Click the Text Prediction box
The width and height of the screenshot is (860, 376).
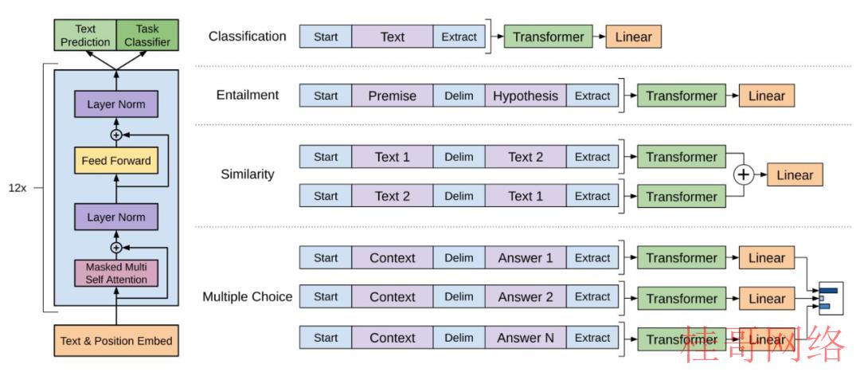click(x=85, y=36)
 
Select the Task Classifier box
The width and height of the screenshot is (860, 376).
click(x=147, y=36)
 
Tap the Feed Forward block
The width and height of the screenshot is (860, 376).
click(x=116, y=161)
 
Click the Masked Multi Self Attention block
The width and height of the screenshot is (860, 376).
click(x=116, y=272)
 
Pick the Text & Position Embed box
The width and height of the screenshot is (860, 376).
click(x=116, y=340)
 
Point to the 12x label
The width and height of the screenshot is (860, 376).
click(x=17, y=188)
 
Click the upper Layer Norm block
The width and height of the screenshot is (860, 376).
click(x=116, y=104)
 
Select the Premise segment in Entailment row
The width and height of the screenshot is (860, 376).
click(x=392, y=96)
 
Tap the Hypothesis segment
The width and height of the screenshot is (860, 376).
click(x=526, y=96)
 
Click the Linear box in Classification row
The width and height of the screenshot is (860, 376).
click(x=634, y=37)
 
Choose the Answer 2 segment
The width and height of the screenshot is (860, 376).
click(x=526, y=297)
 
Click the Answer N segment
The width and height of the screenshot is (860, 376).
click(x=526, y=338)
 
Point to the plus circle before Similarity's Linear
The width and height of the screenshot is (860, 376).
click(x=743, y=175)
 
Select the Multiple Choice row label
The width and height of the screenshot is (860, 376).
click(x=248, y=297)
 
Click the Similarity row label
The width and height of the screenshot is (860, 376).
click(x=248, y=174)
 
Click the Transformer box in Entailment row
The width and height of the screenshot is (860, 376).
click(x=681, y=96)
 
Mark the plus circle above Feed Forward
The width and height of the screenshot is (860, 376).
click(x=116, y=135)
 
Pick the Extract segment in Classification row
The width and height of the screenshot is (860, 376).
click(x=459, y=37)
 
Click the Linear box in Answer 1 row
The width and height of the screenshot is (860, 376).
click(x=767, y=258)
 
